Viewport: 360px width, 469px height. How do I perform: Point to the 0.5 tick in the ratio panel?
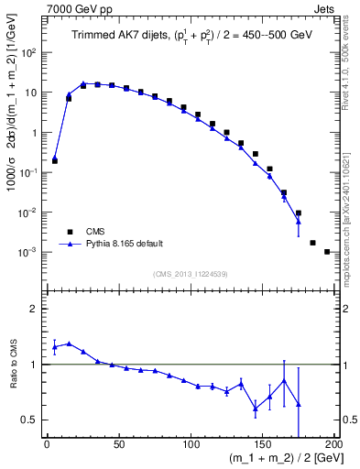[32, 420]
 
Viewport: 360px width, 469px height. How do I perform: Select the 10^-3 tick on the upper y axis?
[30, 252]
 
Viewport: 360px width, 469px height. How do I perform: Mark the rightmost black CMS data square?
[327, 251]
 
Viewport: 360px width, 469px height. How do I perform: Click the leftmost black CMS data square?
[54, 161]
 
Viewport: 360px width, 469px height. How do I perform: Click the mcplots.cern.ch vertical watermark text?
[352, 211]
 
